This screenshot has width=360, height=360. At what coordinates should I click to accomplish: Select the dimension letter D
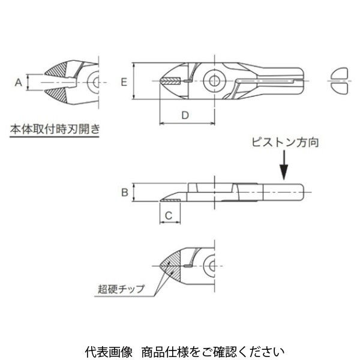point(185,114)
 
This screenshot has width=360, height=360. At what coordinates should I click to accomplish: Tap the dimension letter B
point(123,193)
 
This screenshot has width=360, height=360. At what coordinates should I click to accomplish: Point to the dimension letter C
point(169,215)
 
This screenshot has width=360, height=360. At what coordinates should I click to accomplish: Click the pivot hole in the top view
point(213,80)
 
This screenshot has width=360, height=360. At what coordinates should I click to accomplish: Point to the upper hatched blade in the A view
point(62,70)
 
